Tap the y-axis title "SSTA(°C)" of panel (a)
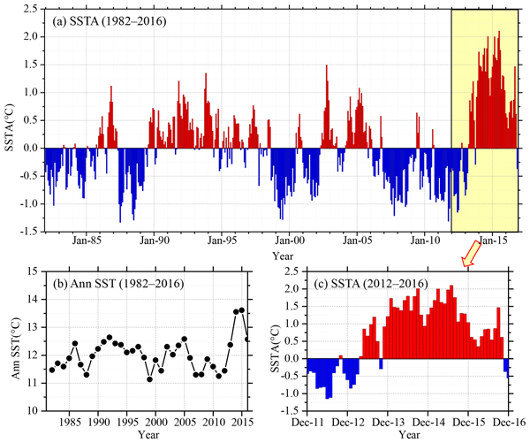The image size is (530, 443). click(11, 119)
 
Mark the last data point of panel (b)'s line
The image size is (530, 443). click(247, 339)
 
